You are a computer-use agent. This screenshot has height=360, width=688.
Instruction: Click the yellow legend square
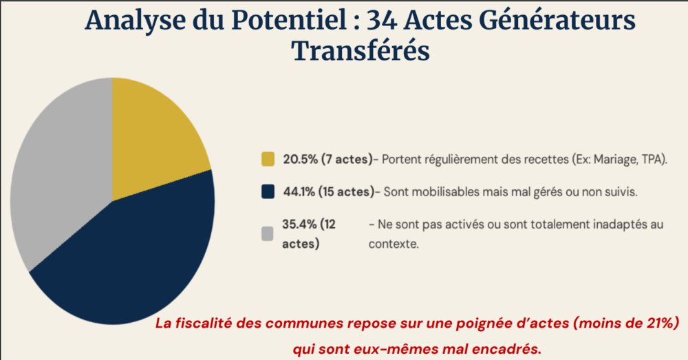[268, 160]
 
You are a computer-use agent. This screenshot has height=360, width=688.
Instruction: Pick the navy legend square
[268, 192]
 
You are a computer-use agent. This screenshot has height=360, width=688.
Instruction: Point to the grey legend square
[268, 234]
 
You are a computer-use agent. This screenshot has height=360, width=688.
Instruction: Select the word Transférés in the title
[361, 50]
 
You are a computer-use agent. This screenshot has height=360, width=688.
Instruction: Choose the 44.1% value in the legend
[299, 192]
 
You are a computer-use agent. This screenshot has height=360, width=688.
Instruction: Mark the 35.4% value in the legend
[299, 224]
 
